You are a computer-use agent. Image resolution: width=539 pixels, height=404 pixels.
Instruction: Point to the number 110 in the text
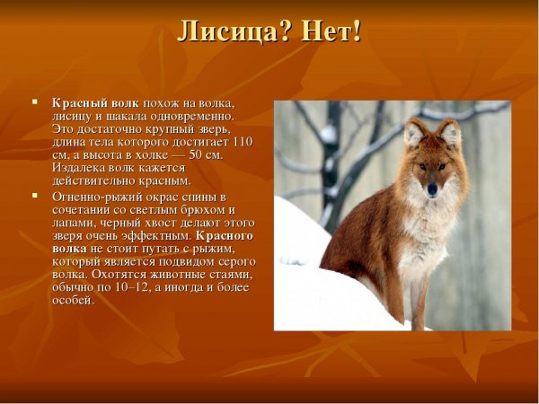pyautogui.click(x=242, y=142)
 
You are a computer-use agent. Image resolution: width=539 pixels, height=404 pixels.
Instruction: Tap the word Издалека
pyautogui.click(x=78, y=168)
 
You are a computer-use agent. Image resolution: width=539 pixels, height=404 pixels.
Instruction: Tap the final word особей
pyautogui.click(x=72, y=301)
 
